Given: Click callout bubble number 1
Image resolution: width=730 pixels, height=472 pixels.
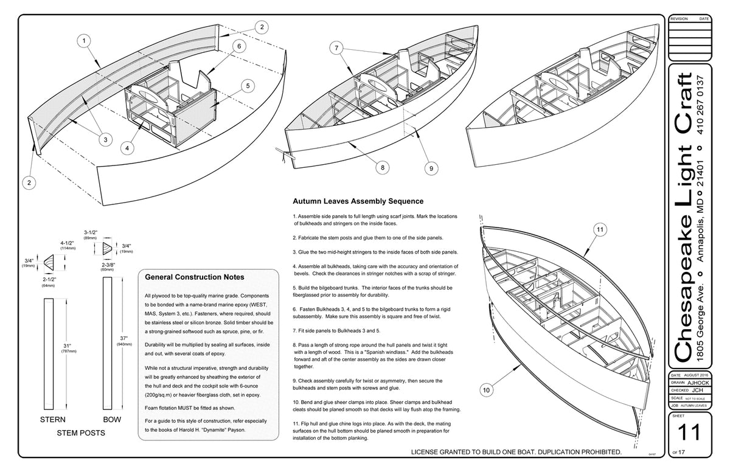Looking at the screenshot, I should (84, 41).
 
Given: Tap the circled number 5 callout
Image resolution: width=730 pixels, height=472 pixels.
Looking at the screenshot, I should (246, 86).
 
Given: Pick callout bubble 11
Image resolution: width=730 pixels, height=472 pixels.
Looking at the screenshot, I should (599, 230).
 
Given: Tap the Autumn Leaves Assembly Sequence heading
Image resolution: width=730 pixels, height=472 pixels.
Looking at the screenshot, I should (358, 201).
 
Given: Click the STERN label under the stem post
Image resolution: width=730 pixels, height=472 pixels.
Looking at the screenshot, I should (53, 420).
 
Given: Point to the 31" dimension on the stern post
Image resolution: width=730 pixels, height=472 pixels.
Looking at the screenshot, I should (64, 343).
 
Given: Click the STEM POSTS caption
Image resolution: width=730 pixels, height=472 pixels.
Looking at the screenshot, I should (82, 434).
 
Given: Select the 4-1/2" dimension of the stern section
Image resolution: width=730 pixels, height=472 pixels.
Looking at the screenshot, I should (68, 244).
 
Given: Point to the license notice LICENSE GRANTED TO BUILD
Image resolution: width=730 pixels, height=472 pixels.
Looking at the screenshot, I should (516, 452).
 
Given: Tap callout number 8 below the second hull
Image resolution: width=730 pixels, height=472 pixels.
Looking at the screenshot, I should (383, 165).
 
